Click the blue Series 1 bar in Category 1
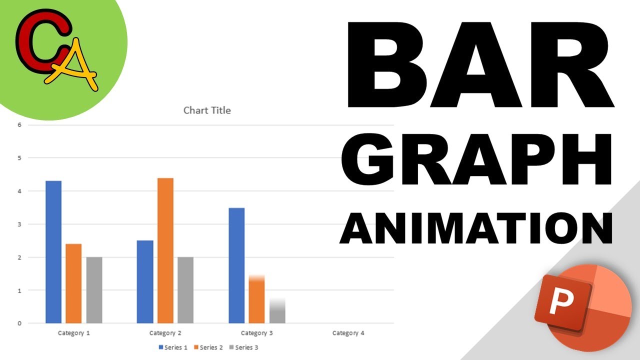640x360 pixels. [53, 252]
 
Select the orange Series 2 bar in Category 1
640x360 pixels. [73, 283]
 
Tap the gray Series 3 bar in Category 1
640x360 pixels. [94, 290]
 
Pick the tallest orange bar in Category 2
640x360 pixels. [165, 250]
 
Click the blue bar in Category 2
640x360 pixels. [145, 281]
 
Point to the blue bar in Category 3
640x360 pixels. [236, 265]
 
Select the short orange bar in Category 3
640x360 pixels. [256, 300]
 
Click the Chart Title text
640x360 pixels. [207, 110]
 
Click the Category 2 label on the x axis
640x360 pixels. [165, 333]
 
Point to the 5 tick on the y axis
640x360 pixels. [19, 158]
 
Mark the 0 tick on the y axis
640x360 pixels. [19, 323]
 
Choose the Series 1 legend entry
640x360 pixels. [173, 347]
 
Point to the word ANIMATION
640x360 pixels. [476, 228]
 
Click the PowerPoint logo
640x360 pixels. [582, 310]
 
